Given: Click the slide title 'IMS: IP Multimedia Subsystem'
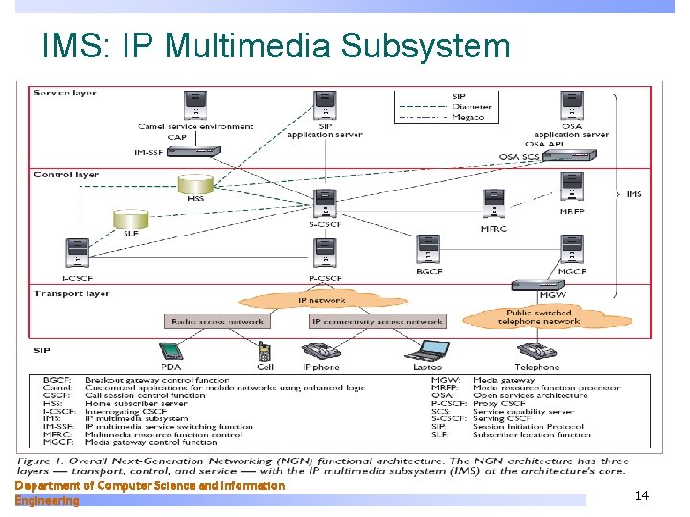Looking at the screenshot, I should pyautogui.click(x=276, y=45).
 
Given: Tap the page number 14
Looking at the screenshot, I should pyautogui.click(x=641, y=495).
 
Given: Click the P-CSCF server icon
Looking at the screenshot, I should pyautogui.click(x=326, y=254).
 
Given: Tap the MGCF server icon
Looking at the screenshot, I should pyautogui.click(x=572, y=251).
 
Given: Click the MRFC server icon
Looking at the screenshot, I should pyautogui.click(x=494, y=205).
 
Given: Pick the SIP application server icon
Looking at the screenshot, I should pyautogui.click(x=326, y=107).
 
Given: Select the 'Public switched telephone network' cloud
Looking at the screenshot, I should pyautogui.click(x=538, y=317).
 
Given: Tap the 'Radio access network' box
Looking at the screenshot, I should pyautogui.click(x=218, y=322).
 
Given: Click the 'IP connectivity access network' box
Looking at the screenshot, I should pyautogui.click(x=377, y=322).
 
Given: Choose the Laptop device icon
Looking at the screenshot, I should pyautogui.click(x=427, y=349).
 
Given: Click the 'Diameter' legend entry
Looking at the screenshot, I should pyautogui.click(x=471, y=106).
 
